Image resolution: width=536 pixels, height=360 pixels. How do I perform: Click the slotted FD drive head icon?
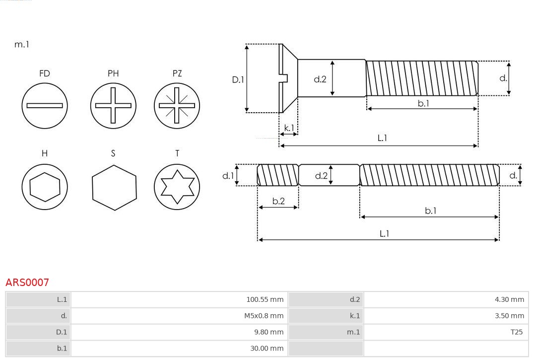point(45,105)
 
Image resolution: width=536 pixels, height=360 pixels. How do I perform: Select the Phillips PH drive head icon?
point(113,105)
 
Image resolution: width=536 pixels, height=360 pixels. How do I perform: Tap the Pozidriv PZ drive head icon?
point(177,105)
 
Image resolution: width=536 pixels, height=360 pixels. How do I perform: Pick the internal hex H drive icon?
point(45,187)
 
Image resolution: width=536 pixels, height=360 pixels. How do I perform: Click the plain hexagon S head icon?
point(114,187)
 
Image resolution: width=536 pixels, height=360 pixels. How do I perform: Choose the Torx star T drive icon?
point(177,187)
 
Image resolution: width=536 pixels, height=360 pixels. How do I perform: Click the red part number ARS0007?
point(27,283)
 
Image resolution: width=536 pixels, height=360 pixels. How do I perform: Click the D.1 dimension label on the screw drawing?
point(238,79)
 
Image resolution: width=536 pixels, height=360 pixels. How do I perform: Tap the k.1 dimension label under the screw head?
point(289,128)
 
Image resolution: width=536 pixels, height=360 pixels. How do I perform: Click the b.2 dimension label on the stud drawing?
point(278,201)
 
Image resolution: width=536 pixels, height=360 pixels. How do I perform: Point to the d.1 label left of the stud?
point(227,175)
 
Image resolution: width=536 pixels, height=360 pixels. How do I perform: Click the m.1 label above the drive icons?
point(22,44)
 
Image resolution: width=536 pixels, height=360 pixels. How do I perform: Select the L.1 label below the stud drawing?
point(384,233)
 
